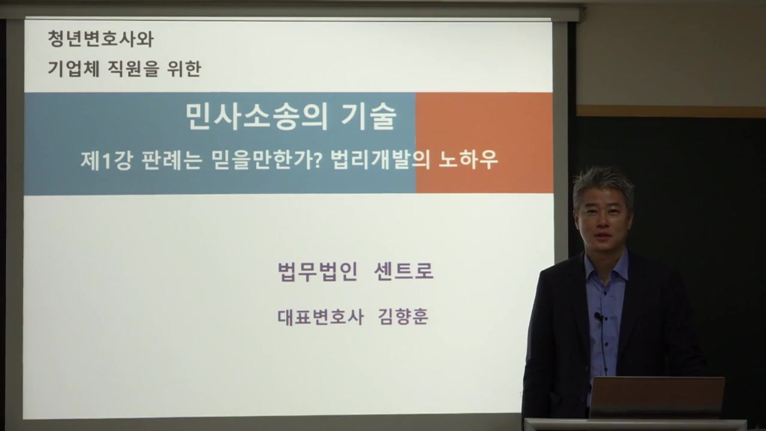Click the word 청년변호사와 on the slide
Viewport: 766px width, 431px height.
tap(101, 40)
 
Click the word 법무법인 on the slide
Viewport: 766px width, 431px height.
tap(318, 272)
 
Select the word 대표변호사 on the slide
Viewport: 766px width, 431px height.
tap(320, 317)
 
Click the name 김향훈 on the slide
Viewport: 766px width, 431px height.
tap(403, 317)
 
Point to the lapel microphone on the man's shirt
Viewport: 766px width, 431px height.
tap(598, 316)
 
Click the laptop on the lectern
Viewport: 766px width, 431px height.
tap(656, 397)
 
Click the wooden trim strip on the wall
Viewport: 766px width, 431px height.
tap(670, 111)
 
